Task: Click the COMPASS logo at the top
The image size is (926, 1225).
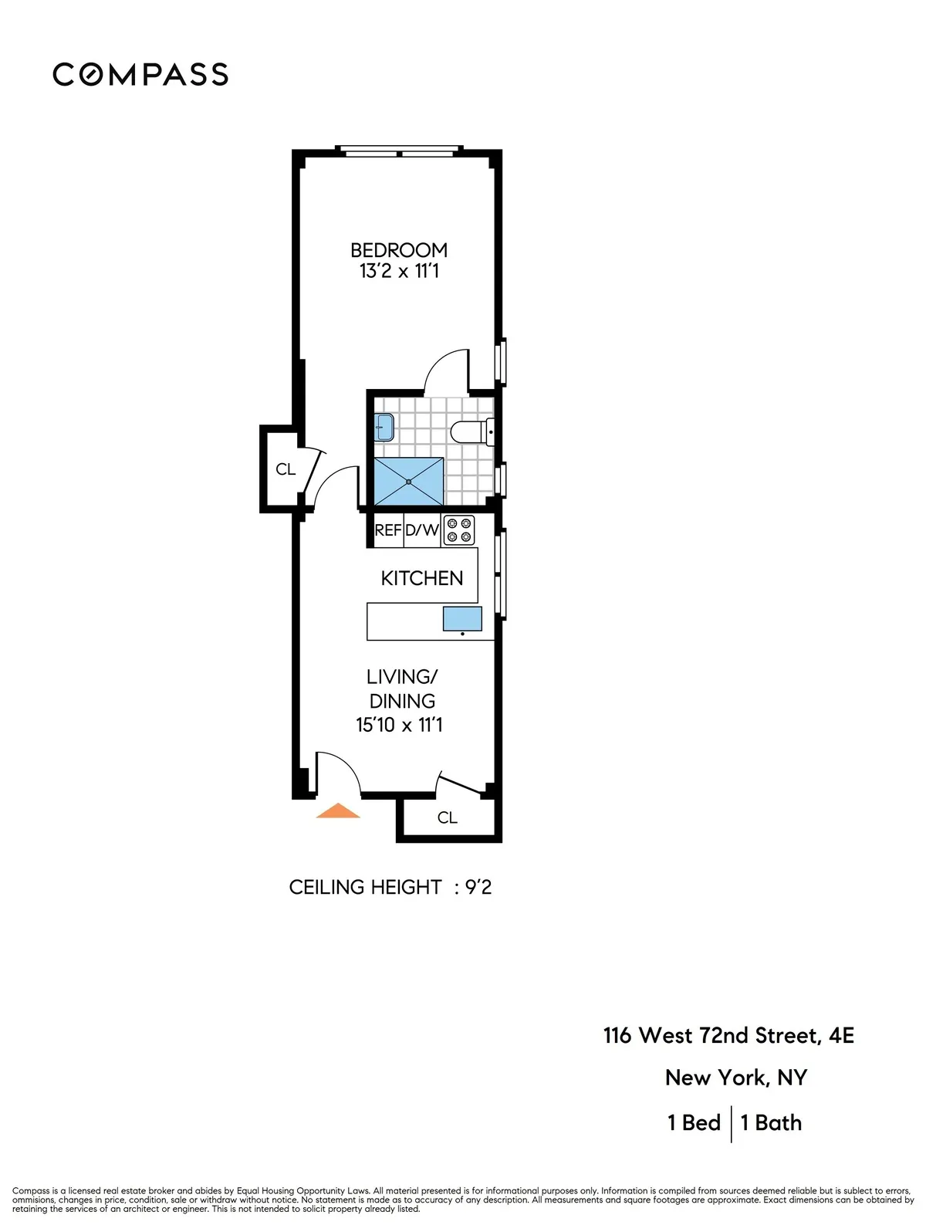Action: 140,74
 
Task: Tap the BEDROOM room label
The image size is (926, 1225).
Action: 398,250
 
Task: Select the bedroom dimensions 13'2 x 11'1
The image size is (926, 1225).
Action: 399,271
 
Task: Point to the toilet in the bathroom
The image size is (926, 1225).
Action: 470,432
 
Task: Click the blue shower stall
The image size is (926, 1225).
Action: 409,481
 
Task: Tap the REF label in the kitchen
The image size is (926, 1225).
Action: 387,530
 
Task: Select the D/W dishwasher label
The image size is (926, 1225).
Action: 422,530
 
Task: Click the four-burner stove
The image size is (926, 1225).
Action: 458,530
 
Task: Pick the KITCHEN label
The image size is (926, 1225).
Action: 422,578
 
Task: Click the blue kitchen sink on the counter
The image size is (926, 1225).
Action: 462,618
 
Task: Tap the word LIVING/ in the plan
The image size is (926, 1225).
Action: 402,677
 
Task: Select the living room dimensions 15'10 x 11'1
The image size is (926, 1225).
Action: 399,725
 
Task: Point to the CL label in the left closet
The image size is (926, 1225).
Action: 286,469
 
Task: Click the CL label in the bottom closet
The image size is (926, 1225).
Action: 448,817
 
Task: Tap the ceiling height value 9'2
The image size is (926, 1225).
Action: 478,887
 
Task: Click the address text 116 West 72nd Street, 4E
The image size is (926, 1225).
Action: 728,1035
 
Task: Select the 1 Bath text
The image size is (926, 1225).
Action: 771,1122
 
